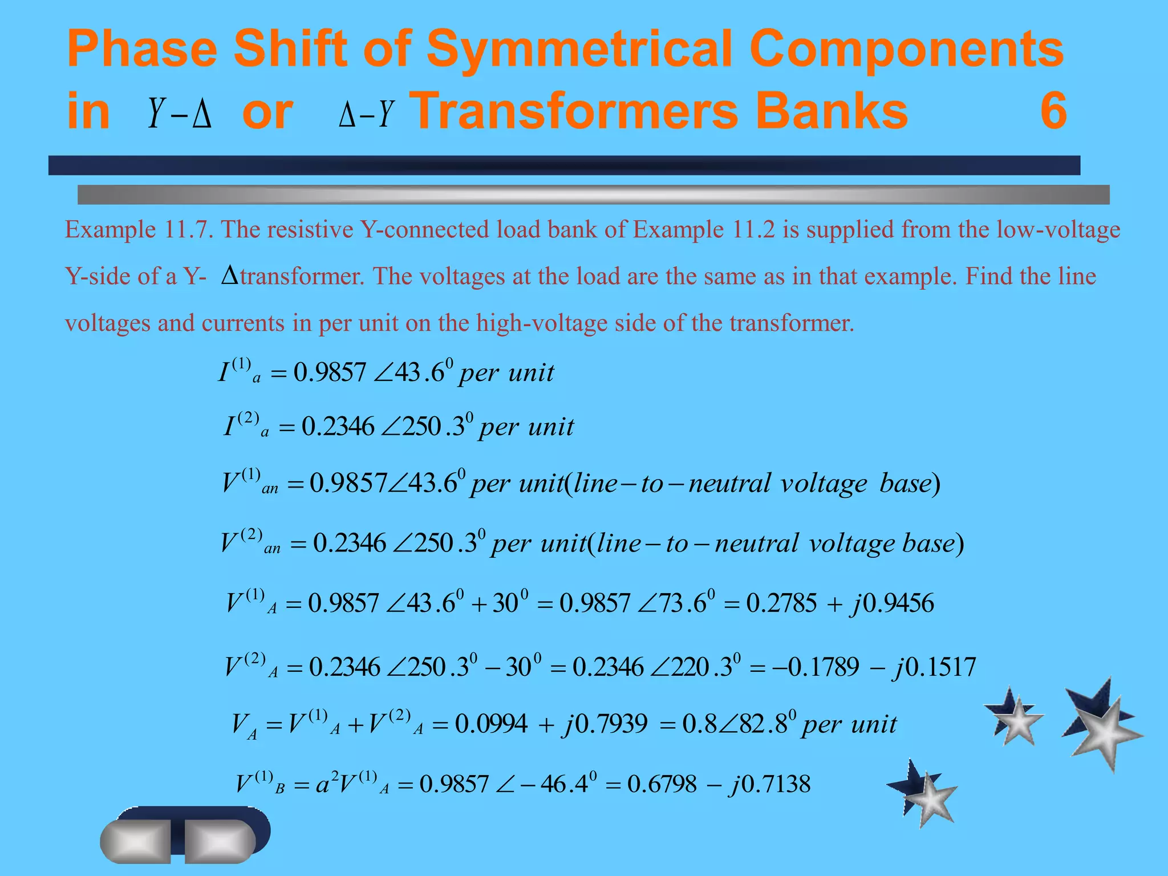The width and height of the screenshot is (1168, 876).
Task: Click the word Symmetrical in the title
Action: [x=578, y=48]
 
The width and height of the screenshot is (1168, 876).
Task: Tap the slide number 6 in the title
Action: [x=1053, y=111]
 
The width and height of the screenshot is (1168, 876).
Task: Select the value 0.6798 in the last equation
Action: [x=662, y=784]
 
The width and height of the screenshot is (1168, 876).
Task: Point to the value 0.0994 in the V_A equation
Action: [x=491, y=724]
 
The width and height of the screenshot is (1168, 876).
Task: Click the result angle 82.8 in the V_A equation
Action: [x=761, y=724]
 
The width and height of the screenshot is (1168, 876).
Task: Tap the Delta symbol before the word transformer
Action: [x=229, y=275]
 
